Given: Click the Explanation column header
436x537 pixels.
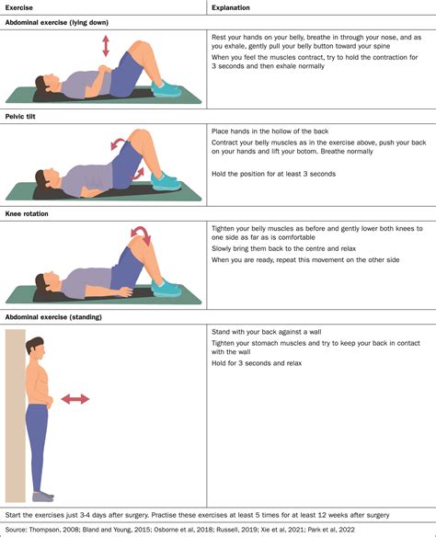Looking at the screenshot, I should (234, 7).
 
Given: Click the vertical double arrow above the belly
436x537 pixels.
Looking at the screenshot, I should (105, 45).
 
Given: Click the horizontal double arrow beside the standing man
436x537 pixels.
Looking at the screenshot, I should (75, 398).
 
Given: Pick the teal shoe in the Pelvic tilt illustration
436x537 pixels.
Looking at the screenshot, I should (166, 181).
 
